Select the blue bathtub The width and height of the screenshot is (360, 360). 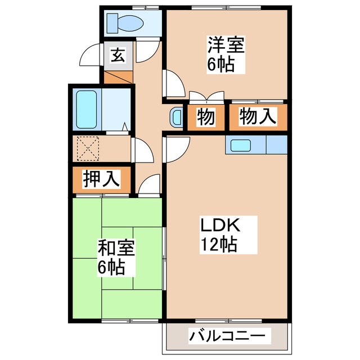click(x=87, y=109)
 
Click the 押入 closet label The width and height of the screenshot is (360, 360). click(x=101, y=179)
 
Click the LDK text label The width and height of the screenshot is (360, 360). click(x=221, y=227)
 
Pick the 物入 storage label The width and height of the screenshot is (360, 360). click(x=258, y=118)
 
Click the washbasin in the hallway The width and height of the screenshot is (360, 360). click(x=176, y=117)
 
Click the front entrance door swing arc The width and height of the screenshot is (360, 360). click(x=91, y=56)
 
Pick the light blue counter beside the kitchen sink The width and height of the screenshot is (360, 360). click(x=276, y=145)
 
